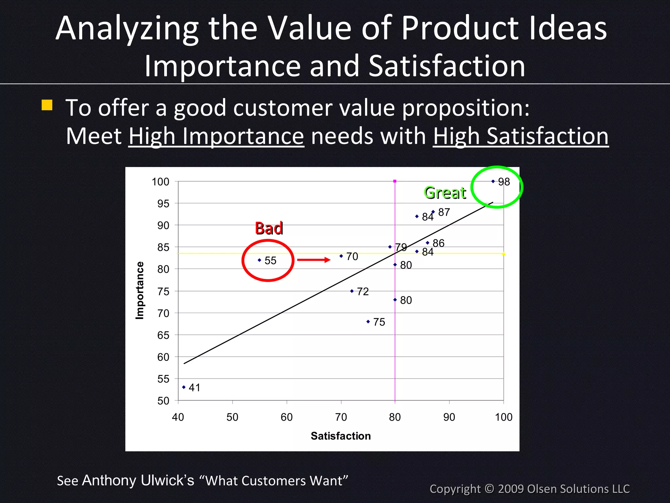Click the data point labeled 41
point(184,387)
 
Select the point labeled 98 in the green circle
point(493,181)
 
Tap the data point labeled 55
point(259,260)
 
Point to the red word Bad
point(269,228)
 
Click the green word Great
point(445,193)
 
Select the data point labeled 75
point(368,322)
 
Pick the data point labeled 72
point(352,291)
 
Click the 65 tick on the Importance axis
point(163,335)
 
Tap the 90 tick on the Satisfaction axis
point(449,417)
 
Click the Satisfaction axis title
point(341,436)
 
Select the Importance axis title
point(140,290)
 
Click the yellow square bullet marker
point(47,105)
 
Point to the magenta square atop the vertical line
point(395,181)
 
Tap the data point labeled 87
point(433,212)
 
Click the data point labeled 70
point(341,256)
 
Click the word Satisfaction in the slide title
point(447,66)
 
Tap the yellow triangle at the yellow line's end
point(503,253)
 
